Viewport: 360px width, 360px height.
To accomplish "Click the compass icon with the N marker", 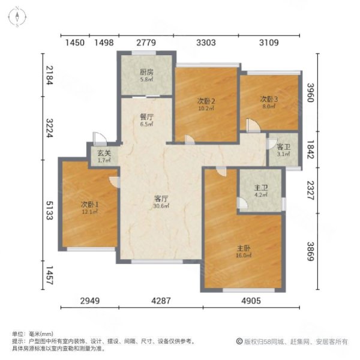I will pos(19,18).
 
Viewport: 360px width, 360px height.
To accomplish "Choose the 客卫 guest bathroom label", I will pos(283,147).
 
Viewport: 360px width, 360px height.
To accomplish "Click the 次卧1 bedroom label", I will pos(89,205).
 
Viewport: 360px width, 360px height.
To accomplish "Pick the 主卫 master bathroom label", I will pos(259,187).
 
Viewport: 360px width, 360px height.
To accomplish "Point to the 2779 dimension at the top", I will pos(146,43).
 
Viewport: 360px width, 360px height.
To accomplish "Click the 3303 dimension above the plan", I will pos(206,43).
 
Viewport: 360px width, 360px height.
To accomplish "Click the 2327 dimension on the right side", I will pos(311,191).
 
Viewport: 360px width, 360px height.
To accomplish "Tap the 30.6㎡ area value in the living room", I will pos(160,206).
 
